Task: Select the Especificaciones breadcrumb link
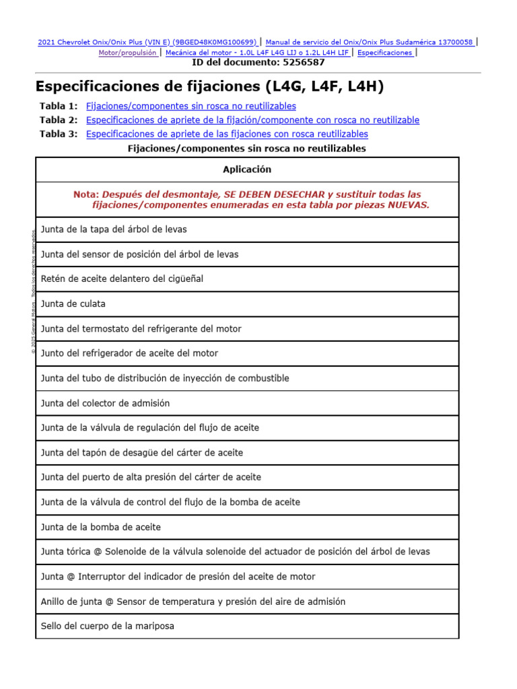385,52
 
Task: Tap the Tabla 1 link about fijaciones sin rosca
191,106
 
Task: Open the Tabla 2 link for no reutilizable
252,120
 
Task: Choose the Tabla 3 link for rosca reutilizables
227,134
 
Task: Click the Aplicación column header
247,170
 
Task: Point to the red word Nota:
86,194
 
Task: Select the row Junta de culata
73,303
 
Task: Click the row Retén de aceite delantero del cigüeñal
122,279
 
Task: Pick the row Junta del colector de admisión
105,403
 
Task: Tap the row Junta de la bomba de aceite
101,527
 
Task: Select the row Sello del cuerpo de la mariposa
108,626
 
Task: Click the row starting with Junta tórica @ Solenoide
235,552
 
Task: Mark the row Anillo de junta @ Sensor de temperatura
193,601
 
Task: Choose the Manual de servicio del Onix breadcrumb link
370,42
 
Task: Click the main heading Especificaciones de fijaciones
209,87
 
